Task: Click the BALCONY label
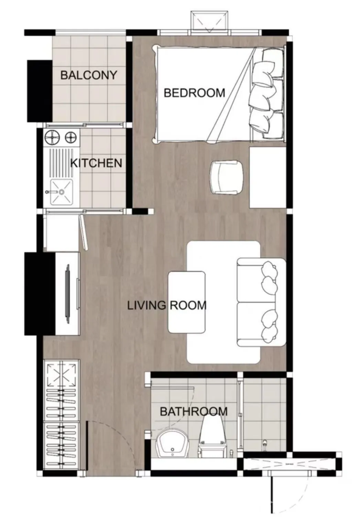pyautogui.click(x=89, y=75)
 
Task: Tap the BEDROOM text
pyautogui.click(x=194, y=93)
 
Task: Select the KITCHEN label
pyautogui.click(x=96, y=163)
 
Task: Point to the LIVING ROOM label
pyautogui.click(x=167, y=305)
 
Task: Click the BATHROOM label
pyautogui.click(x=194, y=412)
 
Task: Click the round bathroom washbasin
pyautogui.click(x=172, y=443)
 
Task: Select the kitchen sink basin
pyautogui.click(x=62, y=192)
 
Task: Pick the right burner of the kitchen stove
pyautogui.click(x=70, y=137)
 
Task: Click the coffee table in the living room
pyautogui.click(x=187, y=302)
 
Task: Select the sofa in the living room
pyautogui.click(x=261, y=302)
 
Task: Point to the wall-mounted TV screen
pyautogui.click(x=68, y=294)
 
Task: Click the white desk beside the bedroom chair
pyautogui.click(x=268, y=177)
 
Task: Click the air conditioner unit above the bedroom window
pyautogui.click(x=209, y=22)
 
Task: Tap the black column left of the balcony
pyautogui.click(x=40, y=91)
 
